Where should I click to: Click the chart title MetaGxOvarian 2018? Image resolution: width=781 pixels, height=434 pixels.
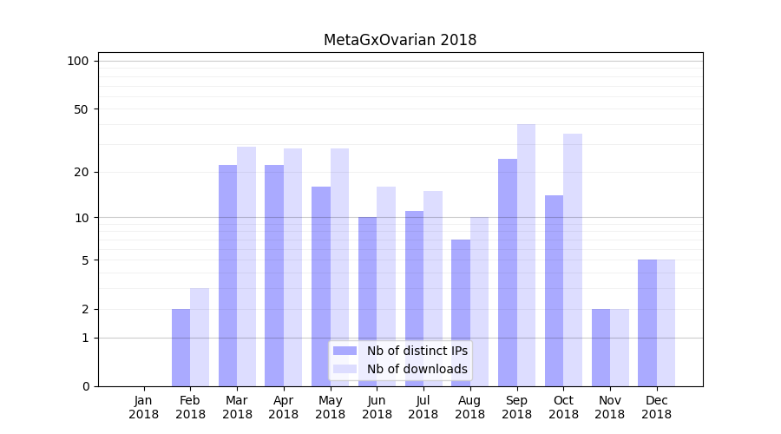[x=400, y=40]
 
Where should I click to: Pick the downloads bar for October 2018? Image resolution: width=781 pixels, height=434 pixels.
[x=573, y=260]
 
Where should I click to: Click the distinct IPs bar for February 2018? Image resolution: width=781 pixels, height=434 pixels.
[x=180, y=347]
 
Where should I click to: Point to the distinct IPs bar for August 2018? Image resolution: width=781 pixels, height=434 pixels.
[x=460, y=312]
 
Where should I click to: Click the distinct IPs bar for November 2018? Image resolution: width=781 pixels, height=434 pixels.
[x=601, y=347]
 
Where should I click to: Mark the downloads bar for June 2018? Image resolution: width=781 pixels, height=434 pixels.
[x=386, y=286]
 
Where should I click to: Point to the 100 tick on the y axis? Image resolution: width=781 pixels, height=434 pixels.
[x=78, y=61]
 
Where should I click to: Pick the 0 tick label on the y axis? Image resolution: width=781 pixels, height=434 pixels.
[x=85, y=386]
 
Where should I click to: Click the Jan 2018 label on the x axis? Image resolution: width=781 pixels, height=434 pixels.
[x=144, y=407]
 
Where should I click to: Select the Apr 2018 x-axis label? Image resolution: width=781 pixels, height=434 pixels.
[x=284, y=407]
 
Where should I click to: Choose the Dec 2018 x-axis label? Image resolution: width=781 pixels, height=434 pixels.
[x=656, y=407]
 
